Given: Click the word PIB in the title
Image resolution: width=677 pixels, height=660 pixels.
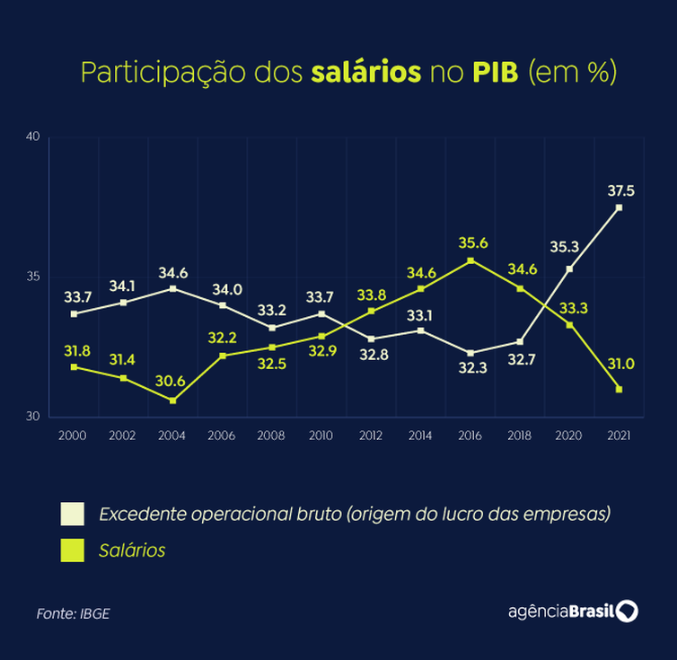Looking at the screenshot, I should (496, 73).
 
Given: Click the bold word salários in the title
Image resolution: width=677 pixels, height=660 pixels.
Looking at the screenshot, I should (365, 73).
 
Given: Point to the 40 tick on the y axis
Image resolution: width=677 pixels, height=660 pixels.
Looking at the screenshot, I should (33, 136).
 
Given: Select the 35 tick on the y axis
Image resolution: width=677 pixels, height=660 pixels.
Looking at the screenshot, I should (33, 277).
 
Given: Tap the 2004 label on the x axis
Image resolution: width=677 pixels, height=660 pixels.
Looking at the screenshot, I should (171, 436).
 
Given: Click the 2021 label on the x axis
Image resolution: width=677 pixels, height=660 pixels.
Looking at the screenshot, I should (619, 436).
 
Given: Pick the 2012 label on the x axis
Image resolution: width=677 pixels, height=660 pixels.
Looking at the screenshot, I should (370, 436).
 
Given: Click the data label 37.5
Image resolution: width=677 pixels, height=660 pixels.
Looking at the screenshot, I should (620, 190).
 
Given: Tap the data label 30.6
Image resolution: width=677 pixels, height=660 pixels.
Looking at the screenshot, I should (170, 381).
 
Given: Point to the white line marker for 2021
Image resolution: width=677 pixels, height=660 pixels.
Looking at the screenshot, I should (619, 207).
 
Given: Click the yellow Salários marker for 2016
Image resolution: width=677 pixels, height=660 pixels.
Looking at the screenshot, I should (470, 260).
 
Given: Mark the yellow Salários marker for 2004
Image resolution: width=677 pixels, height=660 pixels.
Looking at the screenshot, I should (172, 400).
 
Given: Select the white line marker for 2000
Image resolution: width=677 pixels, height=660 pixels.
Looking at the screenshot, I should (74, 313).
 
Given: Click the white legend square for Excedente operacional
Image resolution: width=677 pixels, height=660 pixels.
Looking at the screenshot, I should (72, 515).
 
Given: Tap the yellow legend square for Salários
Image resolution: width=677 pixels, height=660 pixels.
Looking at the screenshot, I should (72, 550).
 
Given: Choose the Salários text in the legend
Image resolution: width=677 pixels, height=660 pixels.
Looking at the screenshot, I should (132, 550).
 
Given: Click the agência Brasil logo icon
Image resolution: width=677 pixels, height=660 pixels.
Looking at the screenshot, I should (627, 612).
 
